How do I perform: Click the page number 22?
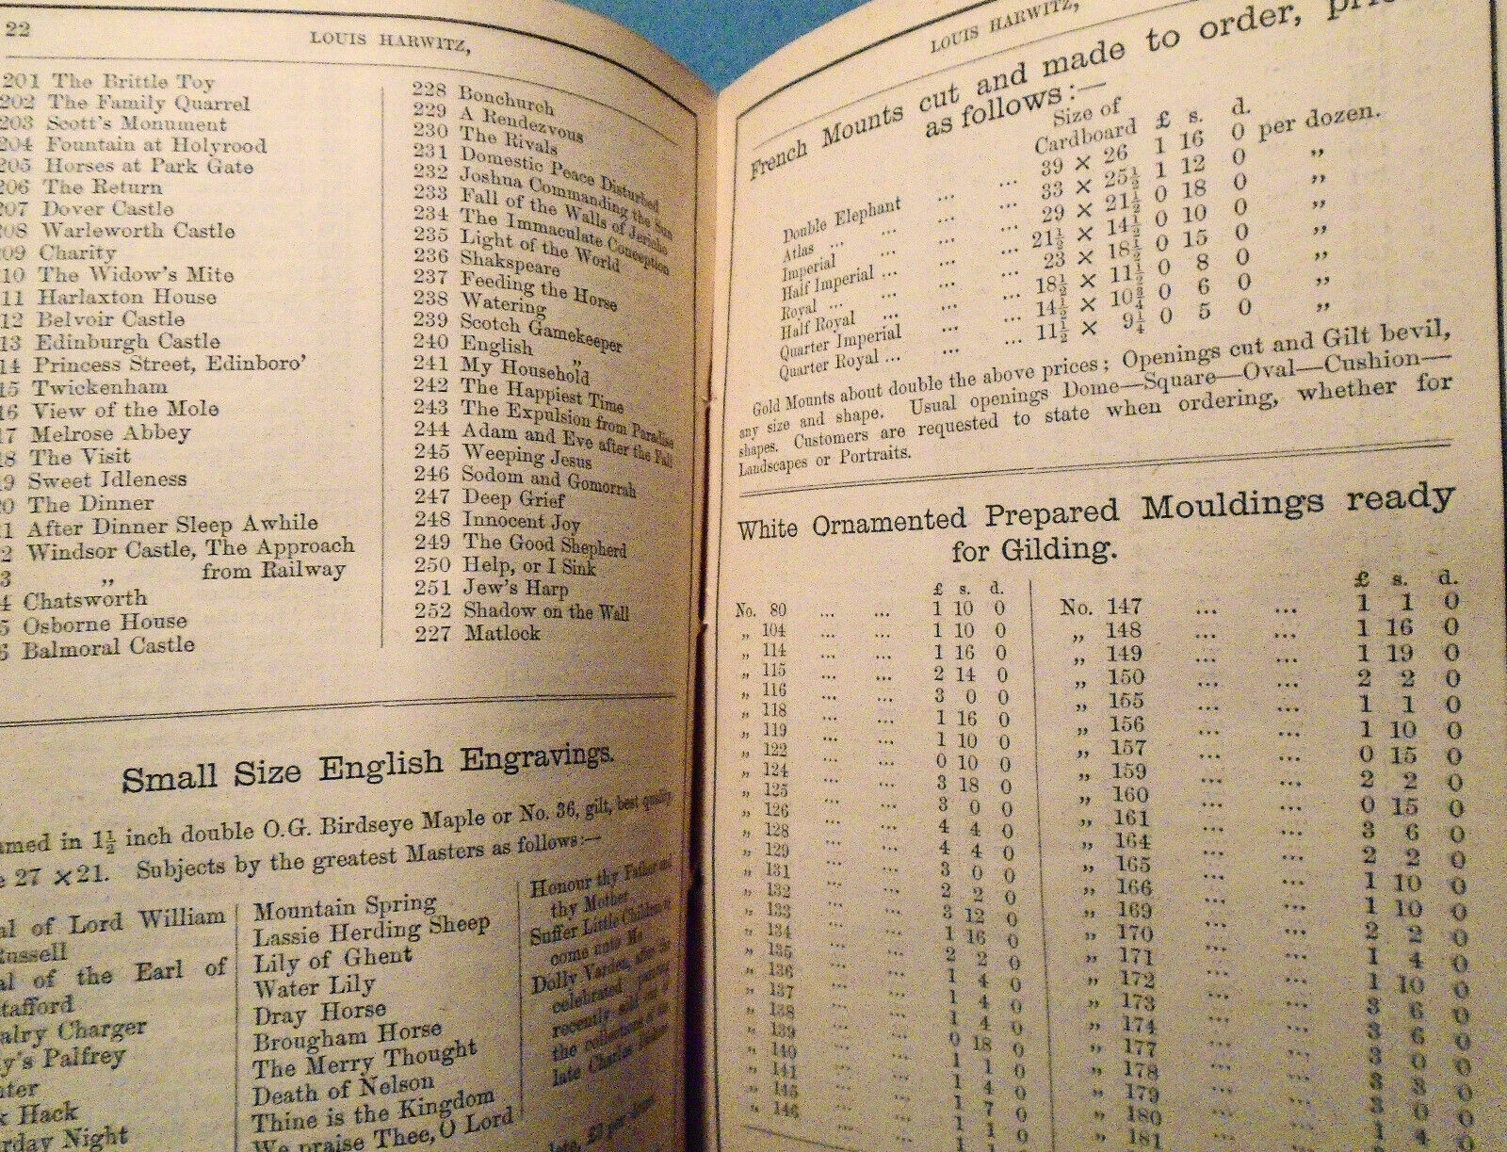19,29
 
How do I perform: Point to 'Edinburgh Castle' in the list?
127,341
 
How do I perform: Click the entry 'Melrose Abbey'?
110,434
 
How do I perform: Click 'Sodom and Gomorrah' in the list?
548,479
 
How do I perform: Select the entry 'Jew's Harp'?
515,589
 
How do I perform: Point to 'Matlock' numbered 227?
502,633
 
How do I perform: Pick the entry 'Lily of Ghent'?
332,962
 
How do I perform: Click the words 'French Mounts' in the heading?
829,141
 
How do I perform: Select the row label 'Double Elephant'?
842,219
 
